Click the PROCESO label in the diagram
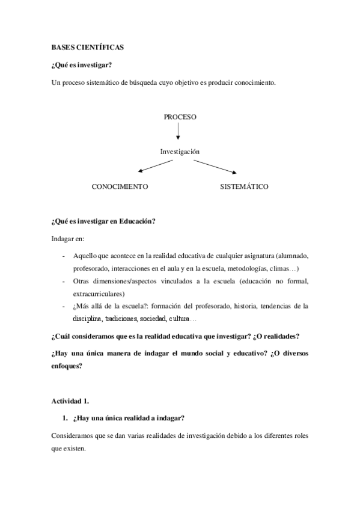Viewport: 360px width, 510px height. click(x=180, y=117)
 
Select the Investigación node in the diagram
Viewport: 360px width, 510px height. click(x=180, y=152)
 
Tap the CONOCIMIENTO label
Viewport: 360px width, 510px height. click(x=120, y=187)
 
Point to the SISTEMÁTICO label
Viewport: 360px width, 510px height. click(x=244, y=187)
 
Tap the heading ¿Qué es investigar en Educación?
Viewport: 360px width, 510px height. click(x=103, y=221)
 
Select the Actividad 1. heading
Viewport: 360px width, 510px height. click(x=71, y=400)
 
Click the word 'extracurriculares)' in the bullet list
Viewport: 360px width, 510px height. click(x=99, y=294)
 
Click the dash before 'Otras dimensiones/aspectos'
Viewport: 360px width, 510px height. click(x=64, y=281)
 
